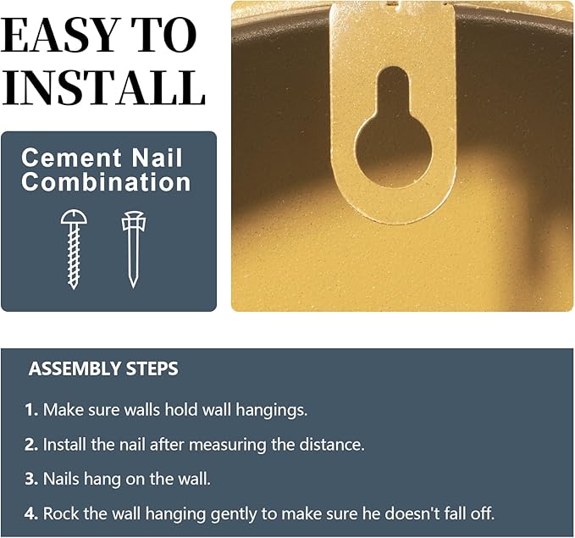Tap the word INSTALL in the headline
103,87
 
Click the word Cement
71,158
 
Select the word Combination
106,181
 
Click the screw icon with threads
74,250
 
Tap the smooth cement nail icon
134,250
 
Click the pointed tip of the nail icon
134,287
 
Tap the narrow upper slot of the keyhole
393,90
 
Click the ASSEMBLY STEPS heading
103,369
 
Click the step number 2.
31,445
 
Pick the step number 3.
31,480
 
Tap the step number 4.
31,513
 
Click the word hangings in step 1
271,411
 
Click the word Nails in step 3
61,480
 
